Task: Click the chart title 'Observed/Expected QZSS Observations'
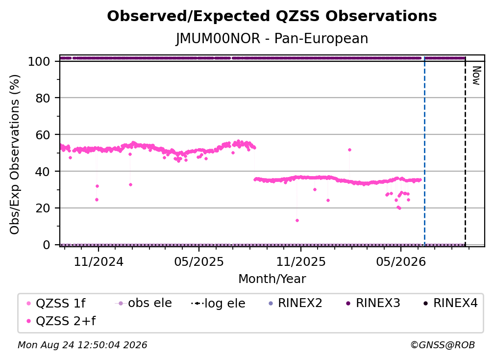272,16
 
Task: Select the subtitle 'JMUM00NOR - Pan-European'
272,39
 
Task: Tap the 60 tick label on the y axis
43,135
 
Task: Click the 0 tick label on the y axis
47,245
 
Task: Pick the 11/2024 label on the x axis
99,262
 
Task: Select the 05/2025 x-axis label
199,262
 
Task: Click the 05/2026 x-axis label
401,262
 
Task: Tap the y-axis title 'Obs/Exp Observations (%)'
15,154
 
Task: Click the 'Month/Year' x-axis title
272,279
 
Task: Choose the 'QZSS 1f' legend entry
56,303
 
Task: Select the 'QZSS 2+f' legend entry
61,321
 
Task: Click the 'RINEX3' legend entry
373,303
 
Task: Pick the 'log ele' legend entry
219,303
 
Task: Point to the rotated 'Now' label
476,76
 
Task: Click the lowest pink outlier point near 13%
297,220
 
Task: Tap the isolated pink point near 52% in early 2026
349,150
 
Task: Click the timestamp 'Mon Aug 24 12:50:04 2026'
82,345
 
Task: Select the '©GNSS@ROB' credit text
443,345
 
